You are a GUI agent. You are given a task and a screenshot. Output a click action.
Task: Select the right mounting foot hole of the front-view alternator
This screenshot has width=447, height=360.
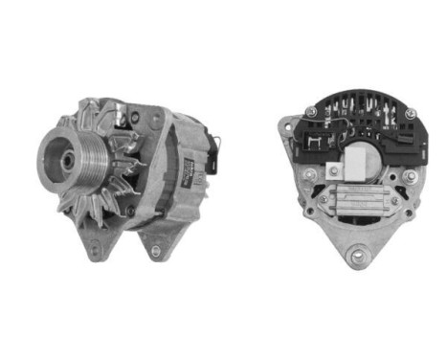click(155, 250)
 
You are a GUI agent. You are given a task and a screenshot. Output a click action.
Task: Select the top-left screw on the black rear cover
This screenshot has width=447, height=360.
click(312, 111)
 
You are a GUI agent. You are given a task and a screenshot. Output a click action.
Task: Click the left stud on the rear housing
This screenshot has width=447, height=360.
click(309, 175)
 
